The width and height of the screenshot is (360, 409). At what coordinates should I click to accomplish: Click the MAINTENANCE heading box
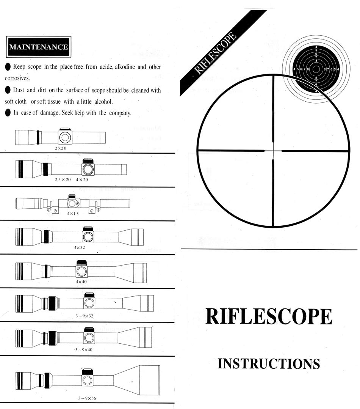tap(39, 47)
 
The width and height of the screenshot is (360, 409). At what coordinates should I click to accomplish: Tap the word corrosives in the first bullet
tap(17, 78)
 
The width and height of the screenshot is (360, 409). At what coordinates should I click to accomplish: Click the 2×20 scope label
tap(60, 148)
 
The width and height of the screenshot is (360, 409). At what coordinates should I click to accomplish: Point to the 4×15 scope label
tap(73, 213)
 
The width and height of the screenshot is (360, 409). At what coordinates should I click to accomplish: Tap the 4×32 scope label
tap(80, 247)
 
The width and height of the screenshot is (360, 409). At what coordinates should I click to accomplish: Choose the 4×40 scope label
tap(81, 282)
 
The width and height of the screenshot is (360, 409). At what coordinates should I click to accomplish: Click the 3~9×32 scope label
tap(85, 316)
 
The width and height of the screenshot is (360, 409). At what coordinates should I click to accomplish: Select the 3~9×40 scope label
tap(84, 349)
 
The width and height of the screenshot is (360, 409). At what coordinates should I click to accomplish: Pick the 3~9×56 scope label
tap(87, 398)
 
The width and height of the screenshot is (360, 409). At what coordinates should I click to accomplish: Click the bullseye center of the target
tap(316, 69)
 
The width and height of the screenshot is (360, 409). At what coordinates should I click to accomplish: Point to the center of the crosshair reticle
tap(273, 151)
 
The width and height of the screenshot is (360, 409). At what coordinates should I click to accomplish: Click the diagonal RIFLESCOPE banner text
tap(215, 53)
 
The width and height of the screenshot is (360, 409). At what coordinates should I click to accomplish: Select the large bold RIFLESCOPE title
tap(269, 316)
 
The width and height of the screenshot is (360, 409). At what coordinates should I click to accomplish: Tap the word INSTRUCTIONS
tap(269, 363)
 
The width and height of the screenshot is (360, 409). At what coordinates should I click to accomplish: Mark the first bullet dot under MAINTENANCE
tap(8, 67)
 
